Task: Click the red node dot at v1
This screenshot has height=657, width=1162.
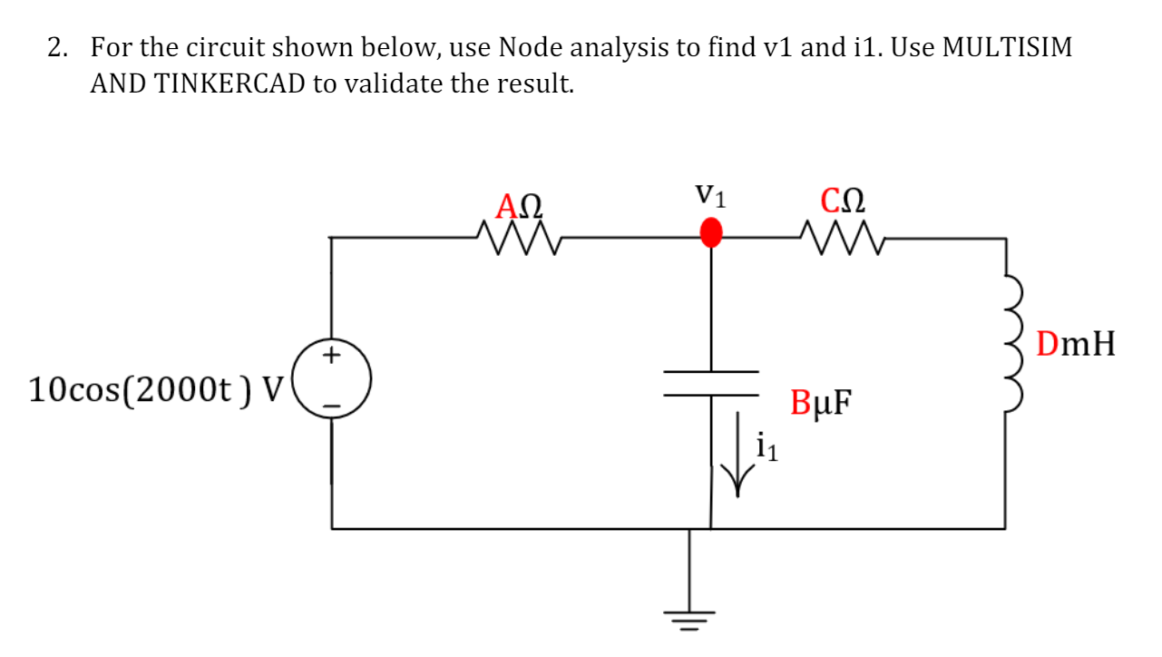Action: point(711,232)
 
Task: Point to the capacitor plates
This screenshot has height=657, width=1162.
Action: point(711,384)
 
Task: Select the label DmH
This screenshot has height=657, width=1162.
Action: point(1076,345)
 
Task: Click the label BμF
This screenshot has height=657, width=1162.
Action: point(821,402)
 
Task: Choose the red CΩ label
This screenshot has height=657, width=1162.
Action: point(842,201)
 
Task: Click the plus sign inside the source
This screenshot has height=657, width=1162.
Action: point(333,355)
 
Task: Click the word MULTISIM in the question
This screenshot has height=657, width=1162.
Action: point(1007,47)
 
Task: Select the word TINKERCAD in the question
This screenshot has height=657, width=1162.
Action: point(230,83)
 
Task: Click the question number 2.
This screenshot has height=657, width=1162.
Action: point(56,47)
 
